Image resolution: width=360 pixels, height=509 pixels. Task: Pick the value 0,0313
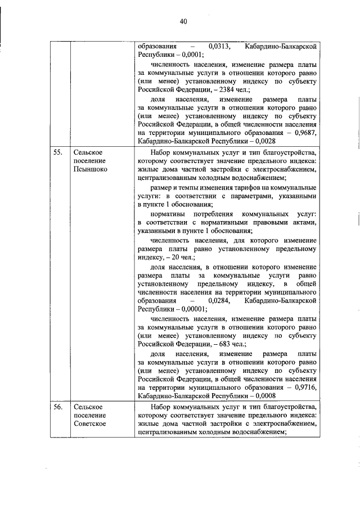pyautogui.click(x=218, y=47)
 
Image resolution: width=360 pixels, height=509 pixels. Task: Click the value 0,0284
pyautogui.click(x=218, y=301)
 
